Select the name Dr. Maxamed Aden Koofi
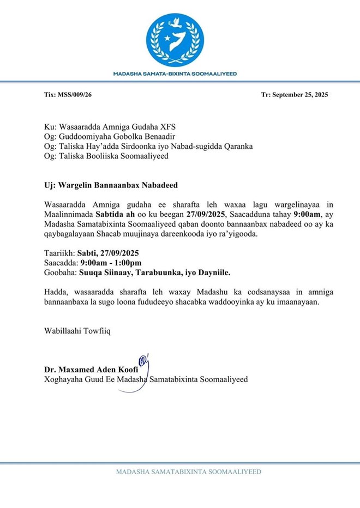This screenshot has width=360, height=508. pyautogui.click(x=91, y=370)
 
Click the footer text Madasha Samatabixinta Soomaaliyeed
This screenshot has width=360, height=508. pyautogui.click(x=188, y=472)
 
